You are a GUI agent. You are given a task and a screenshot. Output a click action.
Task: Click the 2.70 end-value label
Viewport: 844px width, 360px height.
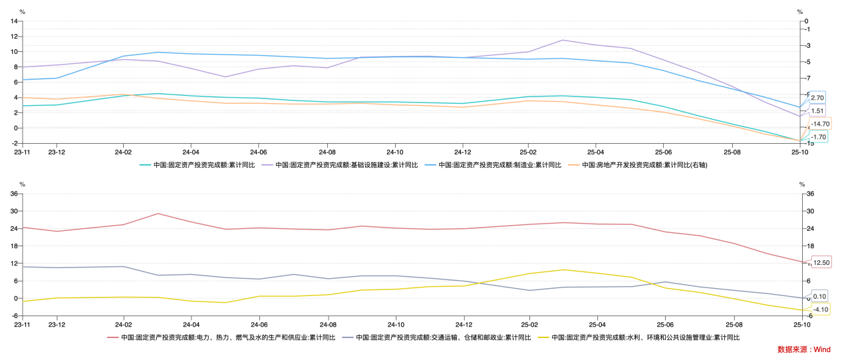pyautogui.click(x=817, y=98)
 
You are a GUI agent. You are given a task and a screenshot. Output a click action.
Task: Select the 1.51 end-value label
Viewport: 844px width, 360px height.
pyautogui.click(x=817, y=111)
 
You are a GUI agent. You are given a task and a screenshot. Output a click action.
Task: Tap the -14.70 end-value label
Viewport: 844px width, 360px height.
pyautogui.click(x=821, y=124)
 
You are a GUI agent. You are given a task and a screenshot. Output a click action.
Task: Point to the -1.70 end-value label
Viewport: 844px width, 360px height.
pyautogui.click(x=818, y=136)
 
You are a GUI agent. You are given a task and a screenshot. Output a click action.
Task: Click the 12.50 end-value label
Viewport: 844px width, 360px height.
pyautogui.click(x=821, y=263)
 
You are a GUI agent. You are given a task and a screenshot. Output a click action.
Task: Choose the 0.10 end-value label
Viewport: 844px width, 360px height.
pyautogui.click(x=819, y=297)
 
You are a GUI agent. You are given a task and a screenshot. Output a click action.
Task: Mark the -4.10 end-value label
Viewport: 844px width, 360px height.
pyautogui.click(x=820, y=309)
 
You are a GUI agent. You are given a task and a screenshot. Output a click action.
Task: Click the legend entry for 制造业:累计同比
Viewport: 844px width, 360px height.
pyautogui.click(x=499, y=165)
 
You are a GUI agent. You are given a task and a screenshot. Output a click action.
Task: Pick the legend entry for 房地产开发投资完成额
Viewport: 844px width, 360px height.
pyautogui.click(x=639, y=165)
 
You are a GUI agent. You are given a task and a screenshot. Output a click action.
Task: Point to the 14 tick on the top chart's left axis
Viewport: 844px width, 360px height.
pyautogui.click(x=13, y=21)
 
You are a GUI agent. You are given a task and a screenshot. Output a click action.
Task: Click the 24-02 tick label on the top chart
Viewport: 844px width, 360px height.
pyautogui.click(x=123, y=151)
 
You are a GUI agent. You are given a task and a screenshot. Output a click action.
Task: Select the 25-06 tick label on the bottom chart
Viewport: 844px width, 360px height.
pyautogui.click(x=663, y=324)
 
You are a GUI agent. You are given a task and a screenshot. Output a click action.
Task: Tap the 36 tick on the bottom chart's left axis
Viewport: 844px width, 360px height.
pyautogui.click(x=13, y=194)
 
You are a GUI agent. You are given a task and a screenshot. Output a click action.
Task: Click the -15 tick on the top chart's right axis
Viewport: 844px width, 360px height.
pyautogui.click(x=807, y=144)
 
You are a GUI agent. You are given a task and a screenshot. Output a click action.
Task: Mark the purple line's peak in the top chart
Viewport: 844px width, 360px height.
pyautogui.click(x=563, y=40)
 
